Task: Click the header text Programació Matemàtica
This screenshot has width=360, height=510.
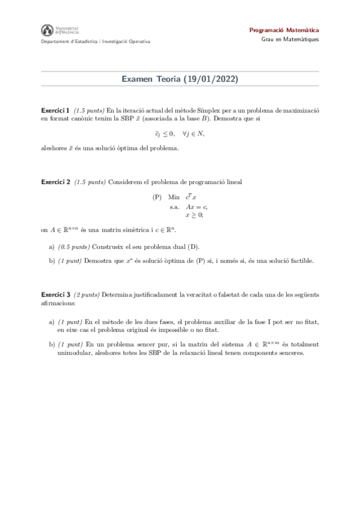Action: (284, 30)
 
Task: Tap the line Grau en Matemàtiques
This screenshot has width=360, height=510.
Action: (290, 40)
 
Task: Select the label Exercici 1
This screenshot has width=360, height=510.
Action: (55, 111)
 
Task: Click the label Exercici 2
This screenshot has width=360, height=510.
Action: (55, 182)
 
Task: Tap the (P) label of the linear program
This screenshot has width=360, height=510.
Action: (157, 197)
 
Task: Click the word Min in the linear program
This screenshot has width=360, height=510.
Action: (174, 197)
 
